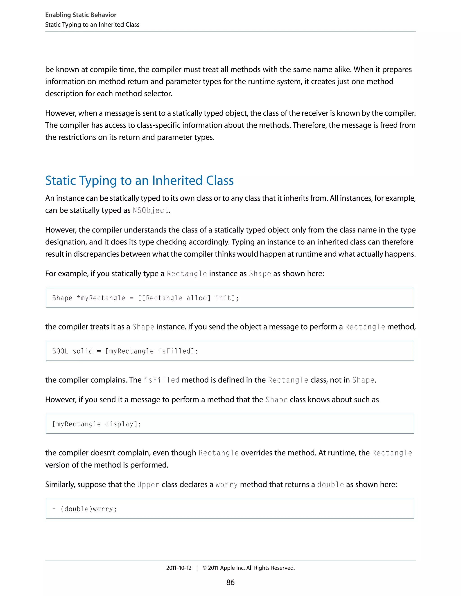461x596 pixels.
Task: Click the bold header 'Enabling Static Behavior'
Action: click(x=81, y=15)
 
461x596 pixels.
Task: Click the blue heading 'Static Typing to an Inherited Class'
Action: click(x=139, y=181)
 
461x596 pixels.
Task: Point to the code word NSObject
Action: click(x=151, y=211)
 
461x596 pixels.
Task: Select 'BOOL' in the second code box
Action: click(x=60, y=351)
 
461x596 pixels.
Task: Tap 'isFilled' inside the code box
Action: click(x=174, y=351)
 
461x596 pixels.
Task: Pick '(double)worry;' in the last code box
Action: click(x=88, y=509)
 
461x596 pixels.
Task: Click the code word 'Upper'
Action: click(x=148, y=485)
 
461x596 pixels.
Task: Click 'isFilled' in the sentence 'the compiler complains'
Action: click(x=162, y=380)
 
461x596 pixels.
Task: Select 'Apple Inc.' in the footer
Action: click(x=232, y=568)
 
